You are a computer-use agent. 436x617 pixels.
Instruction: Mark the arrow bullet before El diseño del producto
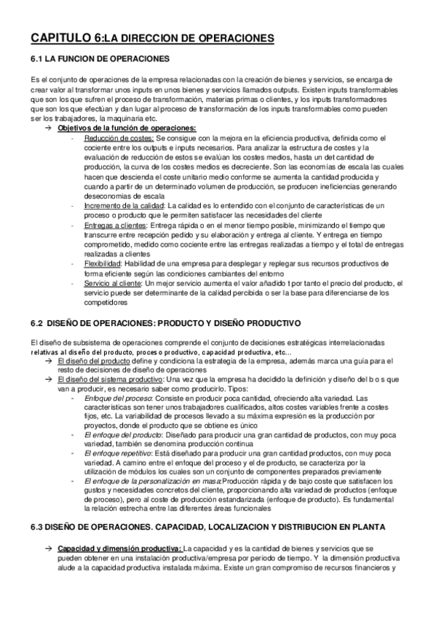[x=47, y=361]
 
